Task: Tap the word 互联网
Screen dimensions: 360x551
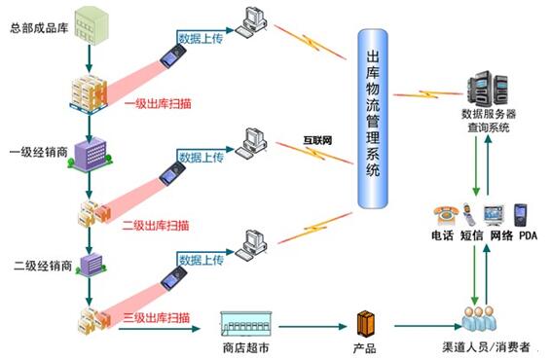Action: (318, 141)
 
